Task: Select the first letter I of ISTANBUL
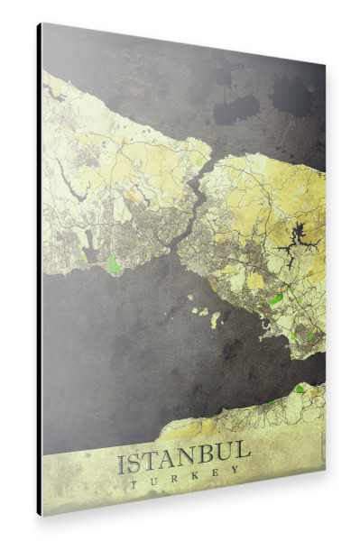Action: (x=122, y=466)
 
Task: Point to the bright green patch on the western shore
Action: (x=113, y=263)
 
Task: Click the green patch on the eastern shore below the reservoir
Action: (x=275, y=298)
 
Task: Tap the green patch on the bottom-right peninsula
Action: (x=300, y=390)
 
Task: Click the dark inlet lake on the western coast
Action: (x=90, y=243)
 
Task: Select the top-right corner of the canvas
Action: (x=324, y=65)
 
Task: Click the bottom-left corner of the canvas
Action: (x=41, y=513)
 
